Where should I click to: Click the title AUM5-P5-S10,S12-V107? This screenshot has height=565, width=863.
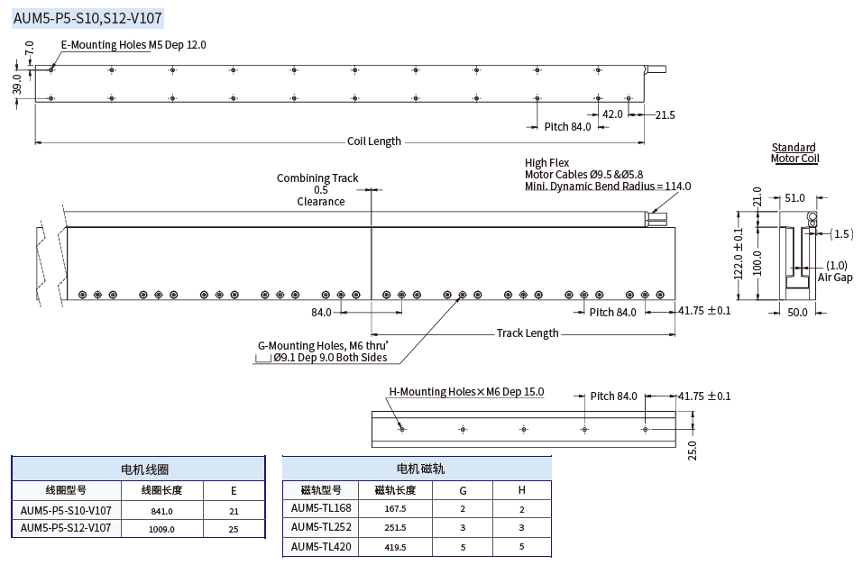pyautogui.click(x=87, y=17)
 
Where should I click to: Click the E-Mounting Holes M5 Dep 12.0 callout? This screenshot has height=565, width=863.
pyautogui.click(x=133, y=45)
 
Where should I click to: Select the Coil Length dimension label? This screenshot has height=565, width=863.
pyautogui.click(x=373, y=141)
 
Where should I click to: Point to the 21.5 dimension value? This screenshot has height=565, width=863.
pyautogui.click(x=665, y=114)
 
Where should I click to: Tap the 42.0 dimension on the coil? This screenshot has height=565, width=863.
pyautogui.click(x=612, y=114)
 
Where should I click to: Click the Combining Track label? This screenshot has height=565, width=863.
pyautogui.click(x=317, y=178)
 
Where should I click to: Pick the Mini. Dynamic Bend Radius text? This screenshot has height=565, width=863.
pyautogui.click(x=607, y=187)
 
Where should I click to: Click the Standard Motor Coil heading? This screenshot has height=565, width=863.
pyautogui.click(x=794, y=153)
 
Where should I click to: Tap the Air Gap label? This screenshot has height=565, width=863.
pyautogui.click(x=834, y=278)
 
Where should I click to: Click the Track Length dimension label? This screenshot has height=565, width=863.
pyautogui.click(x=528, y=333)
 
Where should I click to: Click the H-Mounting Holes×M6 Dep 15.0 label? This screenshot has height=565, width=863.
pyautogui.click(x=466, y=392)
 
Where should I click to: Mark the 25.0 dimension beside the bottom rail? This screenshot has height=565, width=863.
pyautogui.click(x=693, y=449)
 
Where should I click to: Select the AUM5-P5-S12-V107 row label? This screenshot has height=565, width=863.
pyautogui.click(x=66, y=528)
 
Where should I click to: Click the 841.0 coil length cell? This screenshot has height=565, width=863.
pyautogui.click(x=161, y=511)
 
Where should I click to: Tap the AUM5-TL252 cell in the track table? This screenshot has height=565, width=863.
pyautogui.click(x=321, y=527)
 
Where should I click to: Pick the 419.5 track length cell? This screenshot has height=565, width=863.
pyautogui.click(x=395, y=547)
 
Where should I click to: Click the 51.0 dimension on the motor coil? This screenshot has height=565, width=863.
pyautogui.click(x=795, y=198)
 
